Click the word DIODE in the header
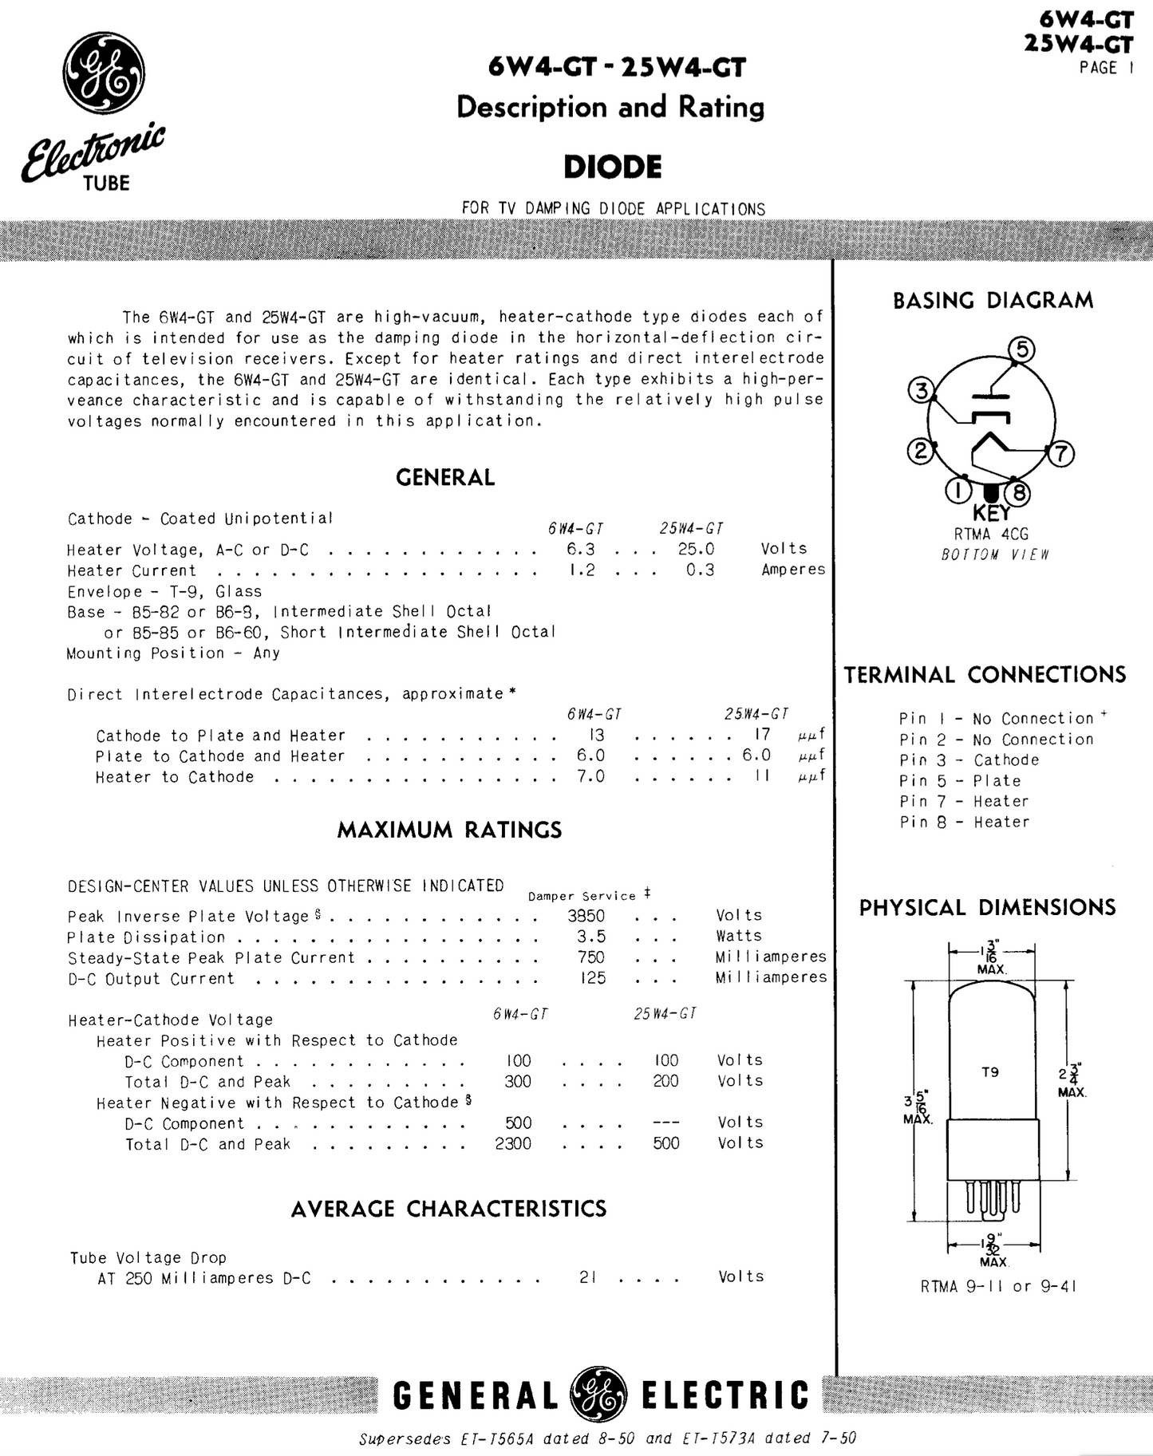[612, 168]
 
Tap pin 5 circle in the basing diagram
[1021, 350]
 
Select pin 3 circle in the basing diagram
[922, 391]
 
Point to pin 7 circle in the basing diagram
[1060, 453]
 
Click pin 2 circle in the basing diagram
[920, 452]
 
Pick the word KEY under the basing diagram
[991, 513]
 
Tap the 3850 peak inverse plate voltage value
[586, 916]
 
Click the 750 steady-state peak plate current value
[591, 957]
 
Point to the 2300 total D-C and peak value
[512, 1143]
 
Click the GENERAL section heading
[445, 477]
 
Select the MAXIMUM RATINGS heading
[449, 830]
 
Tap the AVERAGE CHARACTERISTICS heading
[448, 1209]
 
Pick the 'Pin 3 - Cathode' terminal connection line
[969, 760]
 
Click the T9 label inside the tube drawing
[990, 1072]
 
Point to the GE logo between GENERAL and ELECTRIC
[598, 1395]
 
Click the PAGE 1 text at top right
[1106, 69]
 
